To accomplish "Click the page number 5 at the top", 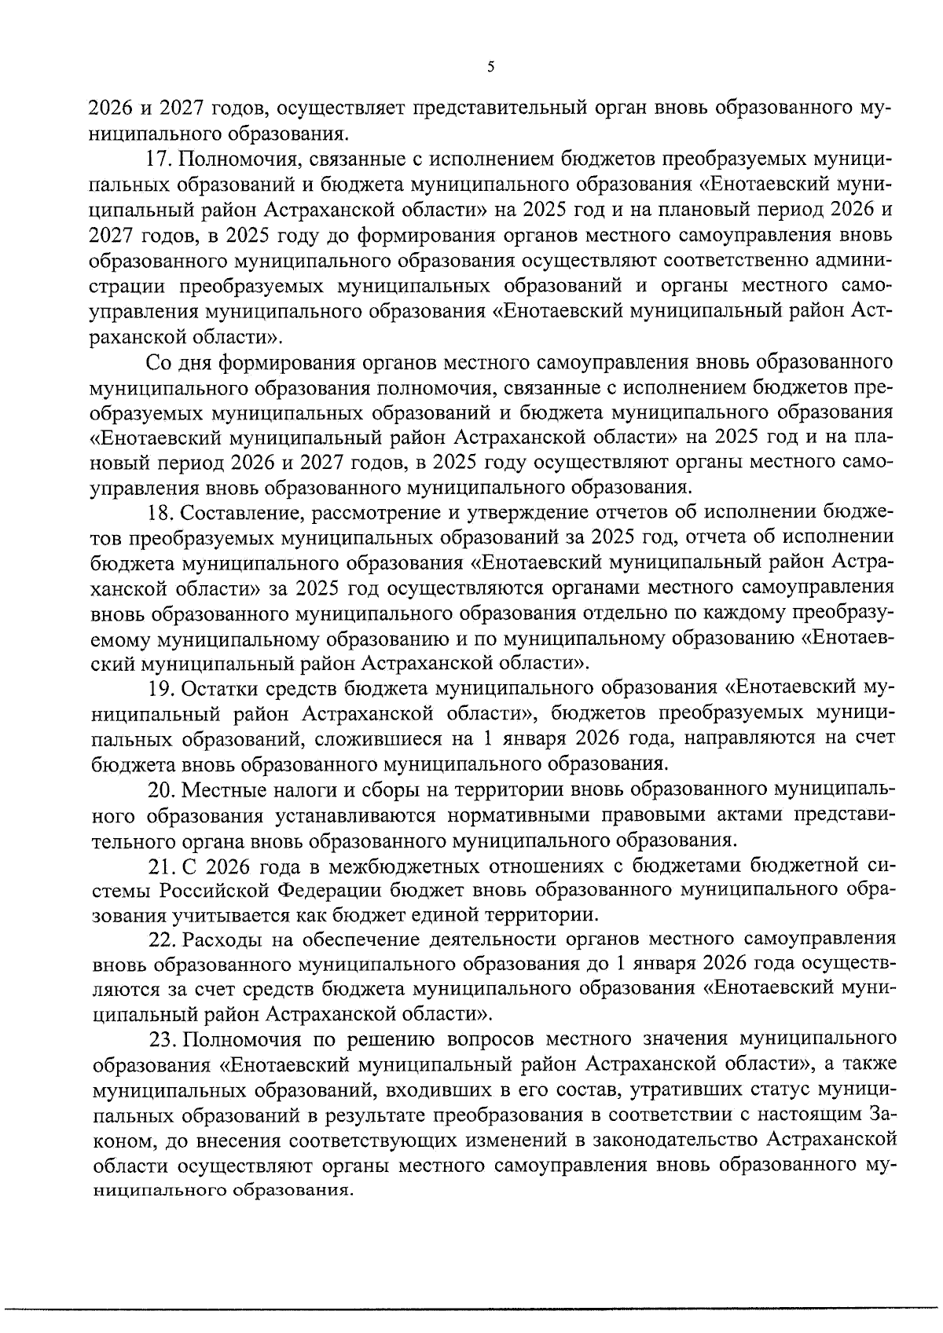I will (490, 68).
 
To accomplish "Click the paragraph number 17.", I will (159, 160).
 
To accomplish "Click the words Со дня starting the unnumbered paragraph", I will (178, 363).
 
